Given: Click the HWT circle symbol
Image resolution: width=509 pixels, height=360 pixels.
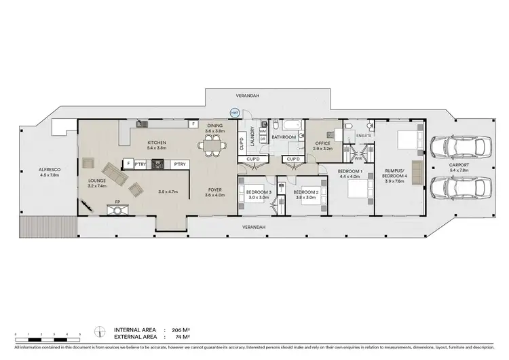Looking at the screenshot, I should tap(235, 113).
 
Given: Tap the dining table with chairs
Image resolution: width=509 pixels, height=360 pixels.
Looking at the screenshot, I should tap(214, 144).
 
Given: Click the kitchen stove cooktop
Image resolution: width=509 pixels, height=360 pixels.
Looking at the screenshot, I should tap(157, 164).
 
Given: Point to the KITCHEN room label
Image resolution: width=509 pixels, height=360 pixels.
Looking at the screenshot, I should tap(157, 143).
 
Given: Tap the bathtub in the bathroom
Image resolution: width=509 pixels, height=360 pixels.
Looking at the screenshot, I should tap(284, 126).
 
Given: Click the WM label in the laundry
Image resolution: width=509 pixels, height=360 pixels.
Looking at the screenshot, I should tap(262, 131).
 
